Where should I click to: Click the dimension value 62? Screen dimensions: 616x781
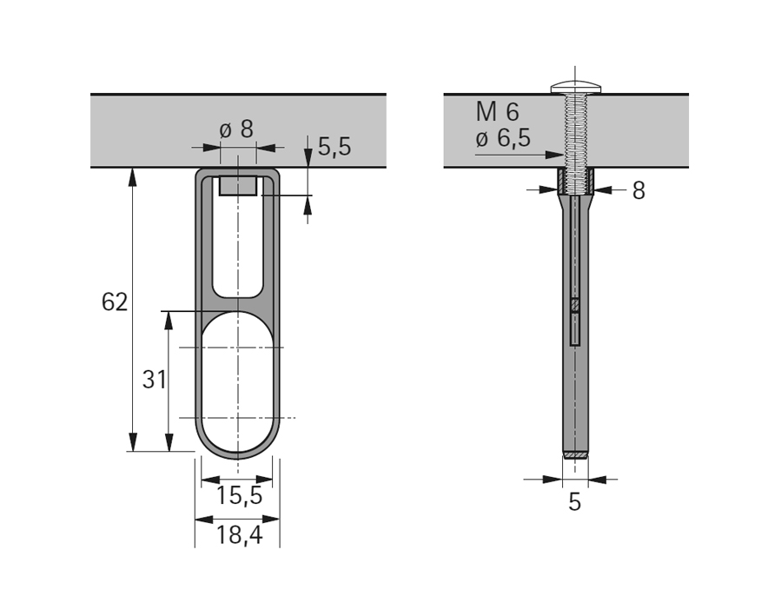pos(115,302)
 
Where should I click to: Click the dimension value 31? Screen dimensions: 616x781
pos(154,380)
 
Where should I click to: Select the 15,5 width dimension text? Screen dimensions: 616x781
pos(239,496)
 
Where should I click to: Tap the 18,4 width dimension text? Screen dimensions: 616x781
pos(239,535)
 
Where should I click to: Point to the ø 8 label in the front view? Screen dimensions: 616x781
pos(236,129)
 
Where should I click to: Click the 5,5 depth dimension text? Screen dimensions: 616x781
pos(334,147)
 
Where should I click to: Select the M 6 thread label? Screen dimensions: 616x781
pos(498,111)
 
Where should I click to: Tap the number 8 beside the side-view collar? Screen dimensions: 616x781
pos(639,191)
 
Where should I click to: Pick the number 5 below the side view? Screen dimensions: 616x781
pos(574,501)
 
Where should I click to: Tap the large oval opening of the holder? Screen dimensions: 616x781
pos(237,382)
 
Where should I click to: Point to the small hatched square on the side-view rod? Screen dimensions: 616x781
pos(574,305)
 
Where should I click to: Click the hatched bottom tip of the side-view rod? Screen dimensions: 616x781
pos(574,454)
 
